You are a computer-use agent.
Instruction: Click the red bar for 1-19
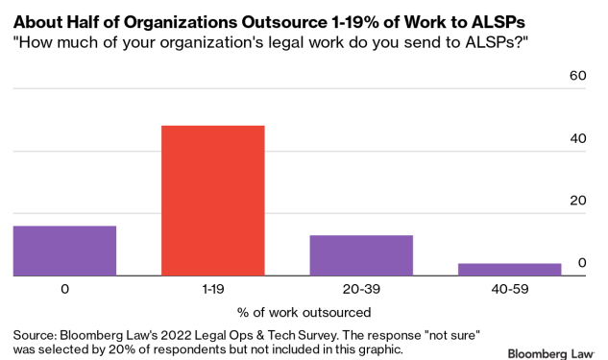click(212, 201)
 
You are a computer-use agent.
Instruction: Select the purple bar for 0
click(64, 251)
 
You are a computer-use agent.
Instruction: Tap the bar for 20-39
click(361, 255)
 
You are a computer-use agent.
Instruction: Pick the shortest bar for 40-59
click(509, 269)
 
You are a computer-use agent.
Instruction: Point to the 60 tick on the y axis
click(578, 75)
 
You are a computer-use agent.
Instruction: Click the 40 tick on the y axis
click(578, 137)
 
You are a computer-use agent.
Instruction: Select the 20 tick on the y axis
click(578, 200)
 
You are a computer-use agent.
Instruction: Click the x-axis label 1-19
click(212, 288)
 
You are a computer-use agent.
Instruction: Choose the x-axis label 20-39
click(361, 288)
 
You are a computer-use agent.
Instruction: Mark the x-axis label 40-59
click(509, 288)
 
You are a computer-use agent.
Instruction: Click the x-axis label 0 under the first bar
click(64, 288)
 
